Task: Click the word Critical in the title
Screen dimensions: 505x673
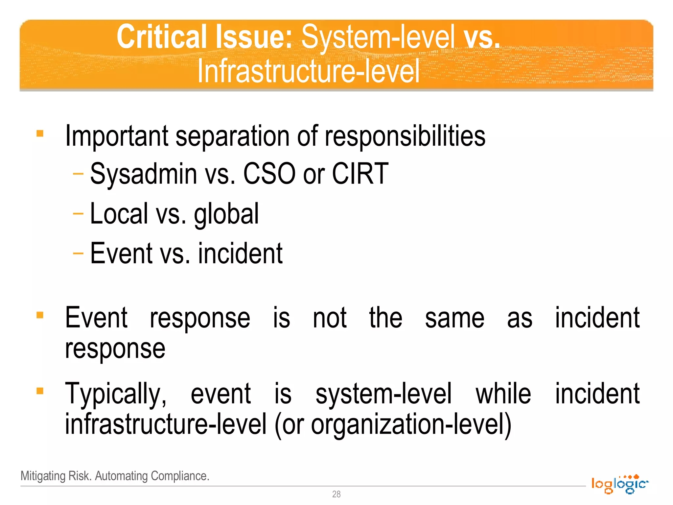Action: [161, 37]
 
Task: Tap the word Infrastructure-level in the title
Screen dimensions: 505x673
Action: [308, 71]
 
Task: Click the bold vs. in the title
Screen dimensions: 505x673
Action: [482, 37]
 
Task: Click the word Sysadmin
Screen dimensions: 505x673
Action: [144, 174]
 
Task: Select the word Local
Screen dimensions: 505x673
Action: [119, 214]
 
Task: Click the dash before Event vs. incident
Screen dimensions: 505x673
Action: [78, 253]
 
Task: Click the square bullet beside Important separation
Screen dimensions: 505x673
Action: [40, 133]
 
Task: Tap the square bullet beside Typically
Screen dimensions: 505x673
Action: [40, 391]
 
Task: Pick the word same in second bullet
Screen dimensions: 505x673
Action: [454, 318]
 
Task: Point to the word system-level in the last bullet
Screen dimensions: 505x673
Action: [383, 394]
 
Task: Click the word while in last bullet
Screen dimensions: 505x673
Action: [503, 394]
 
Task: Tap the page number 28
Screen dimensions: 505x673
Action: [336, 494]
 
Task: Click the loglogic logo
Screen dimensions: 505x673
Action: [619, 484]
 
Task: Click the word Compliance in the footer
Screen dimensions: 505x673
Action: [179, 476]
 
